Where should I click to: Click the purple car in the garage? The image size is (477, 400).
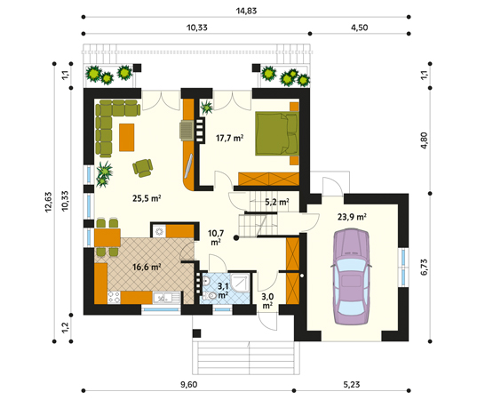click(x=352, y=276)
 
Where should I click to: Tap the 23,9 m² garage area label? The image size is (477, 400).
click(x=352, y=217)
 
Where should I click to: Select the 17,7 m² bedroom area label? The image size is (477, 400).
click(x=229, y=138)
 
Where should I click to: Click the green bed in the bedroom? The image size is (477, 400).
click(x=277, y=133)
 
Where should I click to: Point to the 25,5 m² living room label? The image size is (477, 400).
click(x=147, y=198)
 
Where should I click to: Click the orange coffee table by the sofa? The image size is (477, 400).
click(x=126, y=137)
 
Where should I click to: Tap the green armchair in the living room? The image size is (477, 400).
click(x=143, y=168)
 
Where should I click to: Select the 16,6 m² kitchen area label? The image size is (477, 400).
click(x=147, y=267)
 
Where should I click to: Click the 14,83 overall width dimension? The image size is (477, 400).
click(x=246, y=11)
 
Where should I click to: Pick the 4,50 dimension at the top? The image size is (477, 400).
click(x=359, y=28)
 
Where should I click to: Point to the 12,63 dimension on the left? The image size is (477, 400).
click(x=48, y=202)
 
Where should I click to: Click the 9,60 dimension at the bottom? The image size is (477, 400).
click(x=188, y=385)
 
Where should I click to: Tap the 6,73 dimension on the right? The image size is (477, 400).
click(x=424, y=268)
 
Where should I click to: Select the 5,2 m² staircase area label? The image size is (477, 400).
click(x=276, y=202)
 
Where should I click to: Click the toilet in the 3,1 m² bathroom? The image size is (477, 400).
click(x=211, y=296)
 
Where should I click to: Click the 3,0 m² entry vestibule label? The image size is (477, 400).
click(x=267, y=300)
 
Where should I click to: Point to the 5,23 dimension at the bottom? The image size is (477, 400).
click(x=352, y=385)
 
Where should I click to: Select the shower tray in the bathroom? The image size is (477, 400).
click(x=241, y=283)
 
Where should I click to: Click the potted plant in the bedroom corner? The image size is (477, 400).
click(x=207, y=108)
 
